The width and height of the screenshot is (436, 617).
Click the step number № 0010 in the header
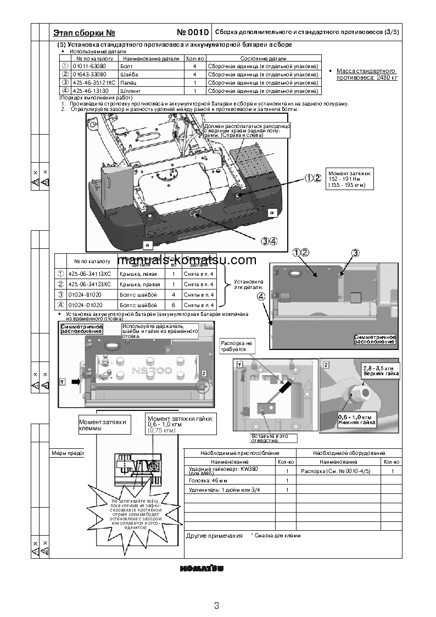pos(193,32)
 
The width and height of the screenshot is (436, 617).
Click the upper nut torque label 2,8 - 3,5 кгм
pos(379,368)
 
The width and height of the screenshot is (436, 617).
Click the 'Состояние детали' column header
pos(263,58)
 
